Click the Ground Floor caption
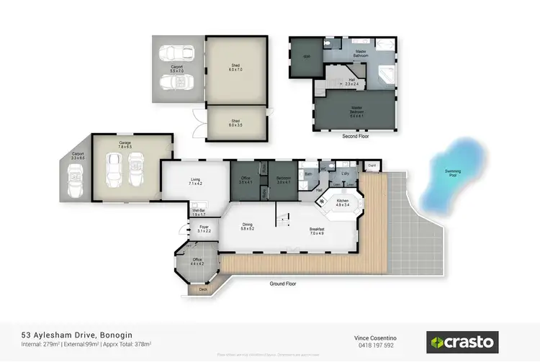(283, 284)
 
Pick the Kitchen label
(342, 202)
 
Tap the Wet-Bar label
(198, 212)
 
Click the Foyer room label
(204, 229)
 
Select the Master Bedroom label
(356, 110)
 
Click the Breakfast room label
(318, 232)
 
